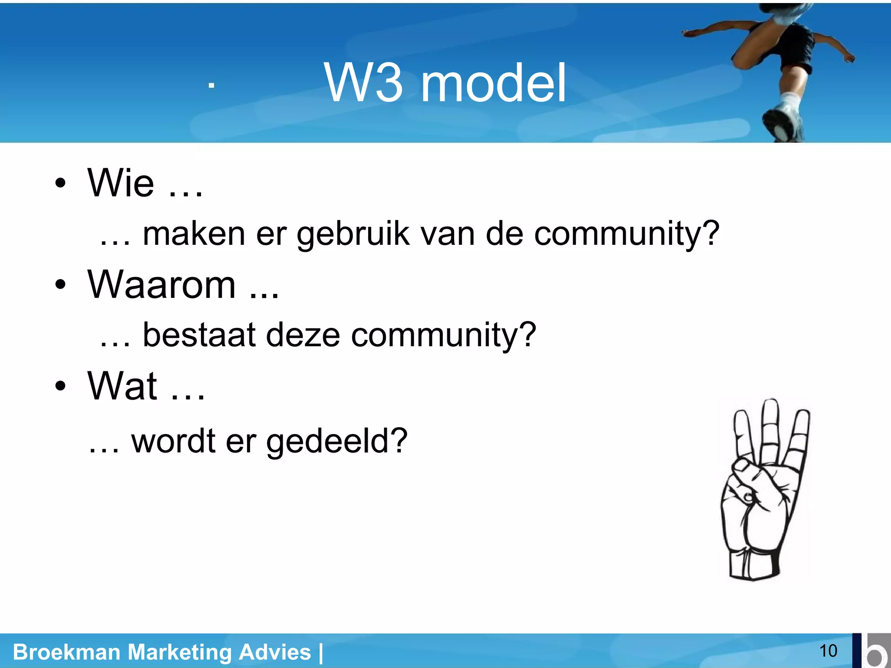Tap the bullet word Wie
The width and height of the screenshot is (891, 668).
point(121,183)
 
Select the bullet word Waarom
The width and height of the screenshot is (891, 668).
point(161,285)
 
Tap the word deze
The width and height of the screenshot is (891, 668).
point(303,335)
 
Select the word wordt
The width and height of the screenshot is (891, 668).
point(173,441)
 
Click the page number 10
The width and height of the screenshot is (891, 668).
point(828,651)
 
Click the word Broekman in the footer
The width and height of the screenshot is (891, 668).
point(67,652)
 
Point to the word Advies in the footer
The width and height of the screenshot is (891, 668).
point(275,652)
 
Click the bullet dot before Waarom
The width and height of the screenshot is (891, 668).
point(60,285)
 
